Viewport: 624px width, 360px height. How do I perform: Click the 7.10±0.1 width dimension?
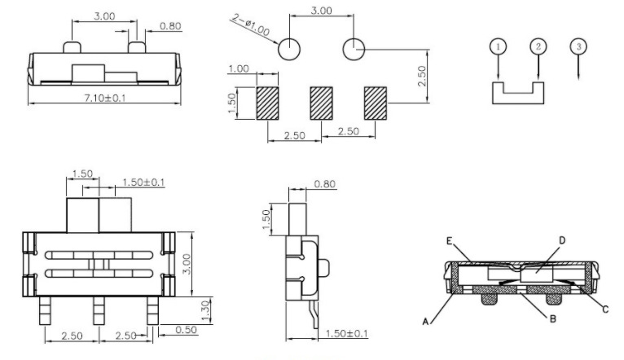(104, 98)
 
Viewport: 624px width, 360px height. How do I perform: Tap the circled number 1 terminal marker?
(498, 46)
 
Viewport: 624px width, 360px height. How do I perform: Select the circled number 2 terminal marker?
(538, 46)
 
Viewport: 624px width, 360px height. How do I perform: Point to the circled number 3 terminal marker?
(578, 46)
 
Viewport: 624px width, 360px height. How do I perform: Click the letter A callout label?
(425, 322)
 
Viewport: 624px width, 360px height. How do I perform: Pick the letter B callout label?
(552, 318)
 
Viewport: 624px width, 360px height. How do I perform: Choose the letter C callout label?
(605, 310)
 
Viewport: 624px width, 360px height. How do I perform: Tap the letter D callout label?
(562, 240)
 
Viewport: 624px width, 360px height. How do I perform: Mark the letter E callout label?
(450, 240)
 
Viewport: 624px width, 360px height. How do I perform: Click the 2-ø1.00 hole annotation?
(251, 24)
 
